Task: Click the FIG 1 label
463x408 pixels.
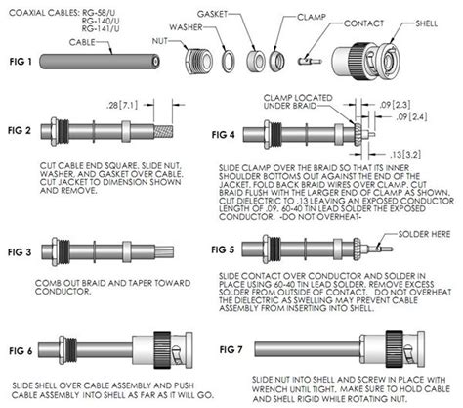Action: (x=22, y=61)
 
